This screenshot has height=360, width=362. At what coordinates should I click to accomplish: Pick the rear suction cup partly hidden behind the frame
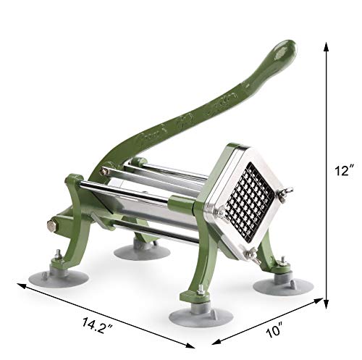(x=141, y=250)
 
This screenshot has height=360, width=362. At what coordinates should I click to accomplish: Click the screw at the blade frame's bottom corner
(x=252, y=254)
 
